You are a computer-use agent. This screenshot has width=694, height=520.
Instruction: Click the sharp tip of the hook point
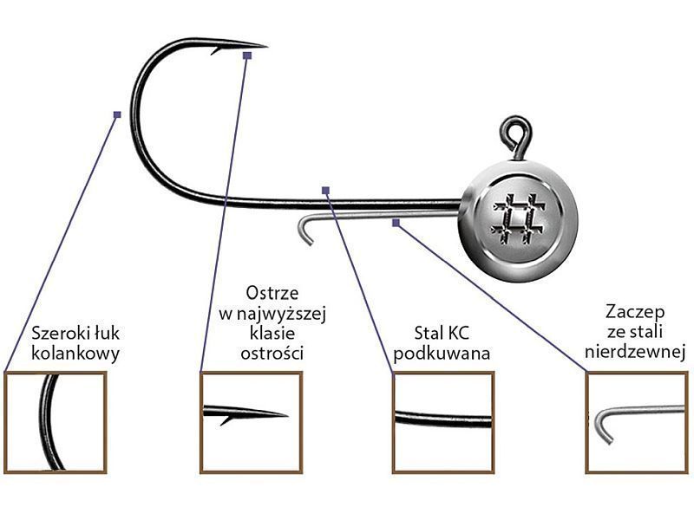click(x=265, y=45)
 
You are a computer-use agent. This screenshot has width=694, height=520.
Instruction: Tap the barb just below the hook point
click(x=214, y=51)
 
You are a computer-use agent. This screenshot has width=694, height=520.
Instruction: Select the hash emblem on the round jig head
click(x=519, y=216)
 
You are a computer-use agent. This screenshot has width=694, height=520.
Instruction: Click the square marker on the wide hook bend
click(x=117, y=114)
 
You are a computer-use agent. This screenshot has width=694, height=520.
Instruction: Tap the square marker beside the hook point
click(x=247, y=55)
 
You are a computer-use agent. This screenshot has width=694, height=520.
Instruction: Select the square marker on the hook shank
click(x=325, y=189)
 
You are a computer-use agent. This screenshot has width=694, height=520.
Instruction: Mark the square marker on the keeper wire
click(x=396, y=223)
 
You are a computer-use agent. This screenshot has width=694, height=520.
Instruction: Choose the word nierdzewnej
click(x=636, y=353)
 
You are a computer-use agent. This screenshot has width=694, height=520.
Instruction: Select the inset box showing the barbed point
click(x=251, y=422)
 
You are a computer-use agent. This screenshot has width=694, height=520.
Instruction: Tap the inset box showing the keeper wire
click(x=637, y=422)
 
